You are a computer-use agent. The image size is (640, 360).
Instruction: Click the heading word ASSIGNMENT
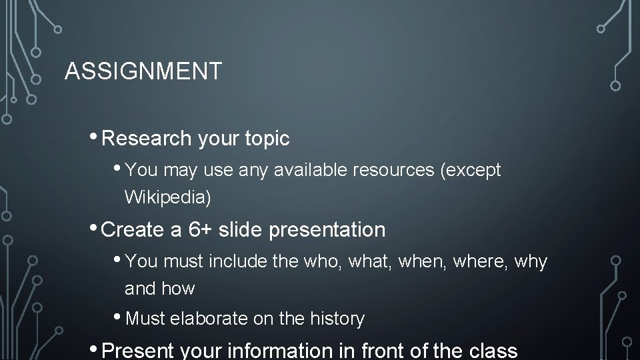[x=143, y=71]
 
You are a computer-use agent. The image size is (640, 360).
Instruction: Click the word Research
[x=147, y=139]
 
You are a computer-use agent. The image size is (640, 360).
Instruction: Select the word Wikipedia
[x=165, y=197]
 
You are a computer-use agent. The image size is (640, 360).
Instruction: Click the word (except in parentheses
[x=471, y=170]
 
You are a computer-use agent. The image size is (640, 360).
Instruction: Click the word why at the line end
[x=531, y=262]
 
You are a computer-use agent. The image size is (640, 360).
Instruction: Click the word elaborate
[x=209, y=319]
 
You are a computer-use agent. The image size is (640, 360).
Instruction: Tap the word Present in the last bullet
[x=138, y=350]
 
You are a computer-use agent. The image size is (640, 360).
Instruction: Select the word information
[x=298, y=350]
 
